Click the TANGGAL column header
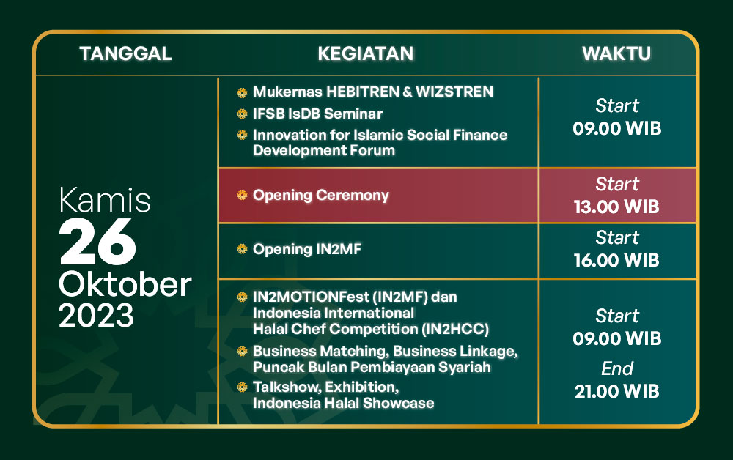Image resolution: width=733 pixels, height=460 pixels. [x=126, y=53]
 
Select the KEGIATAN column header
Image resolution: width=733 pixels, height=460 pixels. [x=366, y=53]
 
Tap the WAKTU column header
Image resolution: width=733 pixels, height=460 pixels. [x=616, y=53]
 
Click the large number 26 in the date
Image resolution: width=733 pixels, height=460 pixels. [x=97, y=242]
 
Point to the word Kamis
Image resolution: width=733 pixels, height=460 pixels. [x=105, y=201]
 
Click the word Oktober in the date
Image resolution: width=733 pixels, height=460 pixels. [x=125, y=284]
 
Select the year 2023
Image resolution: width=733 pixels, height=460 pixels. [x=96, y=315]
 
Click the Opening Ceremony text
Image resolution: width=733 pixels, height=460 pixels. [x=321, y=196]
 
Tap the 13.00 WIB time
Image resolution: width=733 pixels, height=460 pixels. [x=616, y=207]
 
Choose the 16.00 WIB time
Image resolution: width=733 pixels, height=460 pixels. [x=616, y=261]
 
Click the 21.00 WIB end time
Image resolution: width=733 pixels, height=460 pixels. [x=616, y=391]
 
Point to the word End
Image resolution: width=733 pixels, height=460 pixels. [x=617, y=369]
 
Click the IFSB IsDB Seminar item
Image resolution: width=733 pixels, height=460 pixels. [x=317, y=114]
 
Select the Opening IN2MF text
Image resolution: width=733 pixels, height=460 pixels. [x=307, y=249]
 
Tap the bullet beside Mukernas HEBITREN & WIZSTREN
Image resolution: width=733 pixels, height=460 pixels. [x=242, y=92]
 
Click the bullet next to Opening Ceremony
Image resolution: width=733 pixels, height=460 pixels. [x=242, y=196]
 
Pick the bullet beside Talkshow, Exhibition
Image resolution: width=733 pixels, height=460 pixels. [x=242, y=387]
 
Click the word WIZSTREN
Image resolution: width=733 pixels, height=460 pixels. [x=454, y=92]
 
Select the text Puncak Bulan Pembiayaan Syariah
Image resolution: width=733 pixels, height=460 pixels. [x=372, y=368]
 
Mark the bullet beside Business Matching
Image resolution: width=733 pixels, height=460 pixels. [x=242, y=351]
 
